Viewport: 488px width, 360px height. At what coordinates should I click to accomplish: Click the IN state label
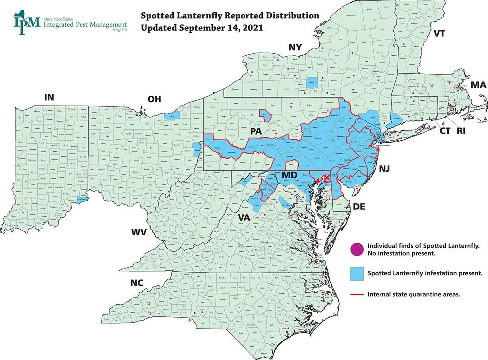[49, 97]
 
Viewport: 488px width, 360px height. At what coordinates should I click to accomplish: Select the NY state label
[295, 47]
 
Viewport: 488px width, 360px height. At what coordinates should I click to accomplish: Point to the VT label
[439, 34]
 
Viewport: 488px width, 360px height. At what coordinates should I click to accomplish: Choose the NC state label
[137, 283]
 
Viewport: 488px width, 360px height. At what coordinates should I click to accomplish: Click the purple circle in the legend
[356, 249]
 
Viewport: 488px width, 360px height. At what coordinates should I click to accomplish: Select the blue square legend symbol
[356, 273]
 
